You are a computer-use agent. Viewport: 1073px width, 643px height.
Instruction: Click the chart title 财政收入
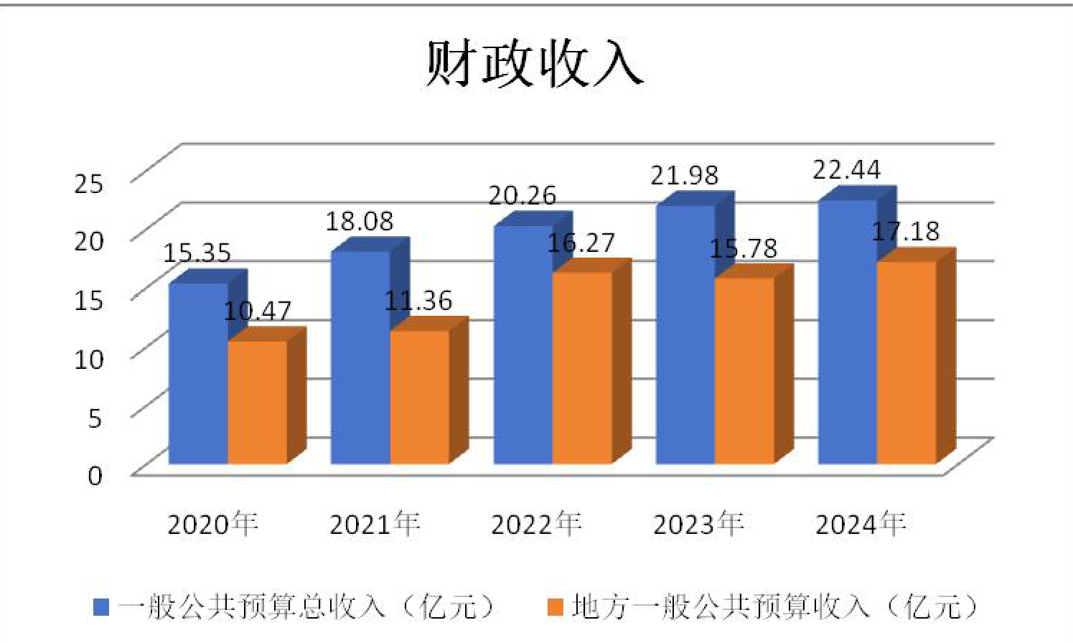pyautogui.click(x=534, y=64)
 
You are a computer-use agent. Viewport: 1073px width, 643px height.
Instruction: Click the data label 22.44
pyautogui.click(x=846, y=169)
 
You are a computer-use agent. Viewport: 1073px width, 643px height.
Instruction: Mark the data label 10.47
pyautogui.click(x=257, y=311)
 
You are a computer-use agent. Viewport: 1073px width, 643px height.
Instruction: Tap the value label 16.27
pyautogui.click(x=581, y=243)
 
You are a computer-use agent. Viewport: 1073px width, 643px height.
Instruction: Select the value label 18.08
pyautogui.click(x=360, y=221)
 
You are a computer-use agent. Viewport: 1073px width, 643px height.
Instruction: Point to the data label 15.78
pyautogui.click(x=743, y=249)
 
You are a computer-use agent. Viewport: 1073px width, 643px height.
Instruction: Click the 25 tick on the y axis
pyautogui.click(x=88, y=184)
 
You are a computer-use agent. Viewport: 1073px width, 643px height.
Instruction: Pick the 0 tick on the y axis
pyautogui.click(x=95, y=476)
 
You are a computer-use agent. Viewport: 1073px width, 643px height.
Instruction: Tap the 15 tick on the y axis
pyautogui.click(x=88, y=300)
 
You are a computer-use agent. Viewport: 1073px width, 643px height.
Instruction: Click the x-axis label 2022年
pyautogui.click(x=536, y=525)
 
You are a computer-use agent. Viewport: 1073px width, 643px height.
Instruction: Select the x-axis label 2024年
pyautogui.click(x=861, y=525)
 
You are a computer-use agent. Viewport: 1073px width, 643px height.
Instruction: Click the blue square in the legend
pyautogui.click(x=101, y=607)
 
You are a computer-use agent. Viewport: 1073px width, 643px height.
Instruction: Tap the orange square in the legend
pyautogui.click(x=556, y=607)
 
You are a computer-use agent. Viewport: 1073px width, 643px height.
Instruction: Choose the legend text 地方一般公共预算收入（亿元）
pyautogui.click(x=774, y=606)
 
